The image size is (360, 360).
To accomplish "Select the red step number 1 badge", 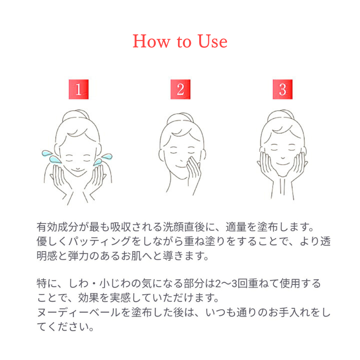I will click(x=78, y=90).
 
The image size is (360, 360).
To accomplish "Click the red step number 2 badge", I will click(x=180, y=90).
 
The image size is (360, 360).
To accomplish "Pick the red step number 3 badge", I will click(x=282, y=90).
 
